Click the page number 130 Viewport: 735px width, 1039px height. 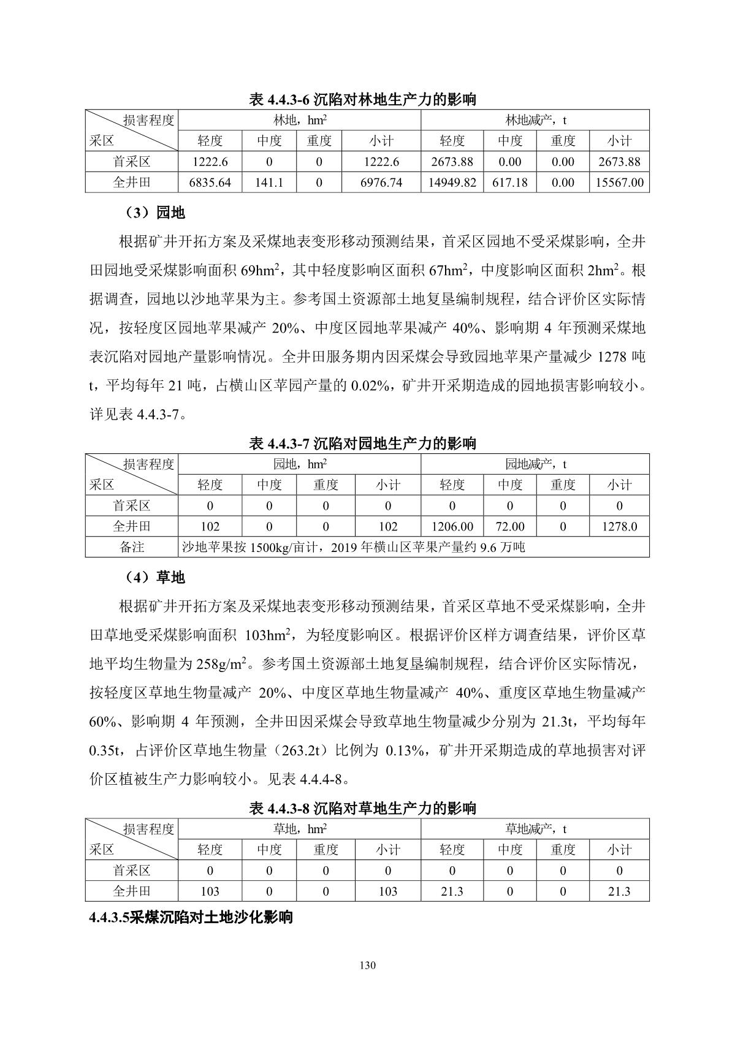(x=368, y=966)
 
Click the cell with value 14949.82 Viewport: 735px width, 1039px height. (x=452, y=183)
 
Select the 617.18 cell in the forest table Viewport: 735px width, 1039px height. (x=509, y=183)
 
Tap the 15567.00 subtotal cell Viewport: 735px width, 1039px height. (x=619, y=183)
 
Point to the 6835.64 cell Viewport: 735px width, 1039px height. (x=210, y=183)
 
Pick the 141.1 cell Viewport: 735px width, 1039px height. (x=269, y=183)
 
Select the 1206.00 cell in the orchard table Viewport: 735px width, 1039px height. (x=452, y=526)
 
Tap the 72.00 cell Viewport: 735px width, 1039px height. (x=509, y=526)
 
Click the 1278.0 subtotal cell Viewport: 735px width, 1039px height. (x=619, y=526)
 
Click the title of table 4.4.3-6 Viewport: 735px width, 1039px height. (x=363, y=99)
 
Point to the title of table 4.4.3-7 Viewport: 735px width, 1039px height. (x=363, y=444)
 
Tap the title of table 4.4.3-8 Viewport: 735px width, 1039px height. (x=363, y=808)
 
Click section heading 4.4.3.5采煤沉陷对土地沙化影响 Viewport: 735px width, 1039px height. (x=191, y=917)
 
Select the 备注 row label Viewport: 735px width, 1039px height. (x=131, y=547)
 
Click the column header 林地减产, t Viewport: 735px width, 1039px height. (x=535, y=120)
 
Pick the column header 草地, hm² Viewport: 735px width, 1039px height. (x=299, y=829)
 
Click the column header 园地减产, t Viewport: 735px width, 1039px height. (x=535, y=464)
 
